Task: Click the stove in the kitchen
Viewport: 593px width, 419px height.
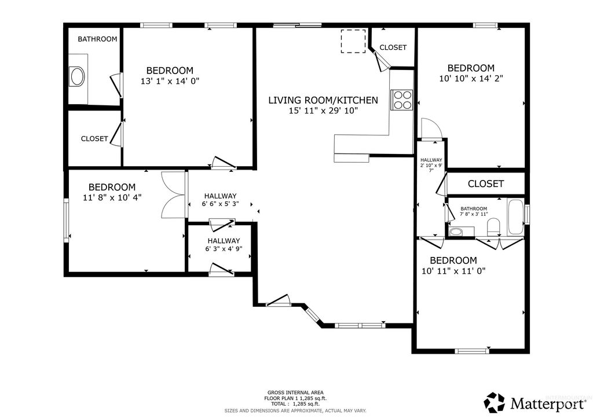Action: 402,100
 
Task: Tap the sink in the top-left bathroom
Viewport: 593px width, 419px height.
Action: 76,76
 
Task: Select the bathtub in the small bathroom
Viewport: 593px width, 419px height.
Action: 515,218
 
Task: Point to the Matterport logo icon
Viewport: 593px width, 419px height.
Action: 495,402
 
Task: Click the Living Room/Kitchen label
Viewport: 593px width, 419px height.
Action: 323,100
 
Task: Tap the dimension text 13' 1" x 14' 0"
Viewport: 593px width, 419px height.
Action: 170,82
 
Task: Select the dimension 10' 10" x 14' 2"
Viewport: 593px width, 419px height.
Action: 471,79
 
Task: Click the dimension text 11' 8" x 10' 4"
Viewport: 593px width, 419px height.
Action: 112,197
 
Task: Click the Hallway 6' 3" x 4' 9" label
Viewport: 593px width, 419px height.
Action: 224,245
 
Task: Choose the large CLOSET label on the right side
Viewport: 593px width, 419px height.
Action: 485,183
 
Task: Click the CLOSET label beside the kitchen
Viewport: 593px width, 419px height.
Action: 393,47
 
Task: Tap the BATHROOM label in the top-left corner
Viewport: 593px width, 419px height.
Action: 97,39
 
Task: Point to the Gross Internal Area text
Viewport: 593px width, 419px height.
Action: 295,392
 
